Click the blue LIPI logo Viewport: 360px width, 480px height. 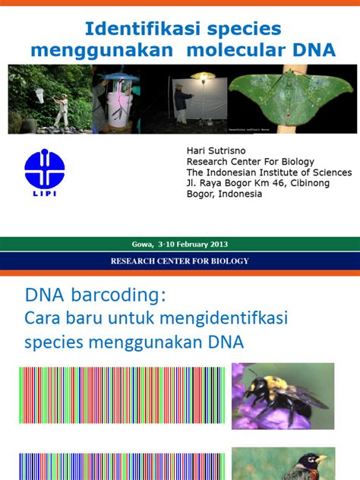click(x=45, y=172)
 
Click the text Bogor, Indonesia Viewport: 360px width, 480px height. click(x=224, y=194)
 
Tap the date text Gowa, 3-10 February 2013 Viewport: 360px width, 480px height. click(x=179, y=244)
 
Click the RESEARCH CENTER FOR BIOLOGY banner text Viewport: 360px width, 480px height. click(x=179, y=261)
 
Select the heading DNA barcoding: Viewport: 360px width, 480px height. click(x=94, y=294)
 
